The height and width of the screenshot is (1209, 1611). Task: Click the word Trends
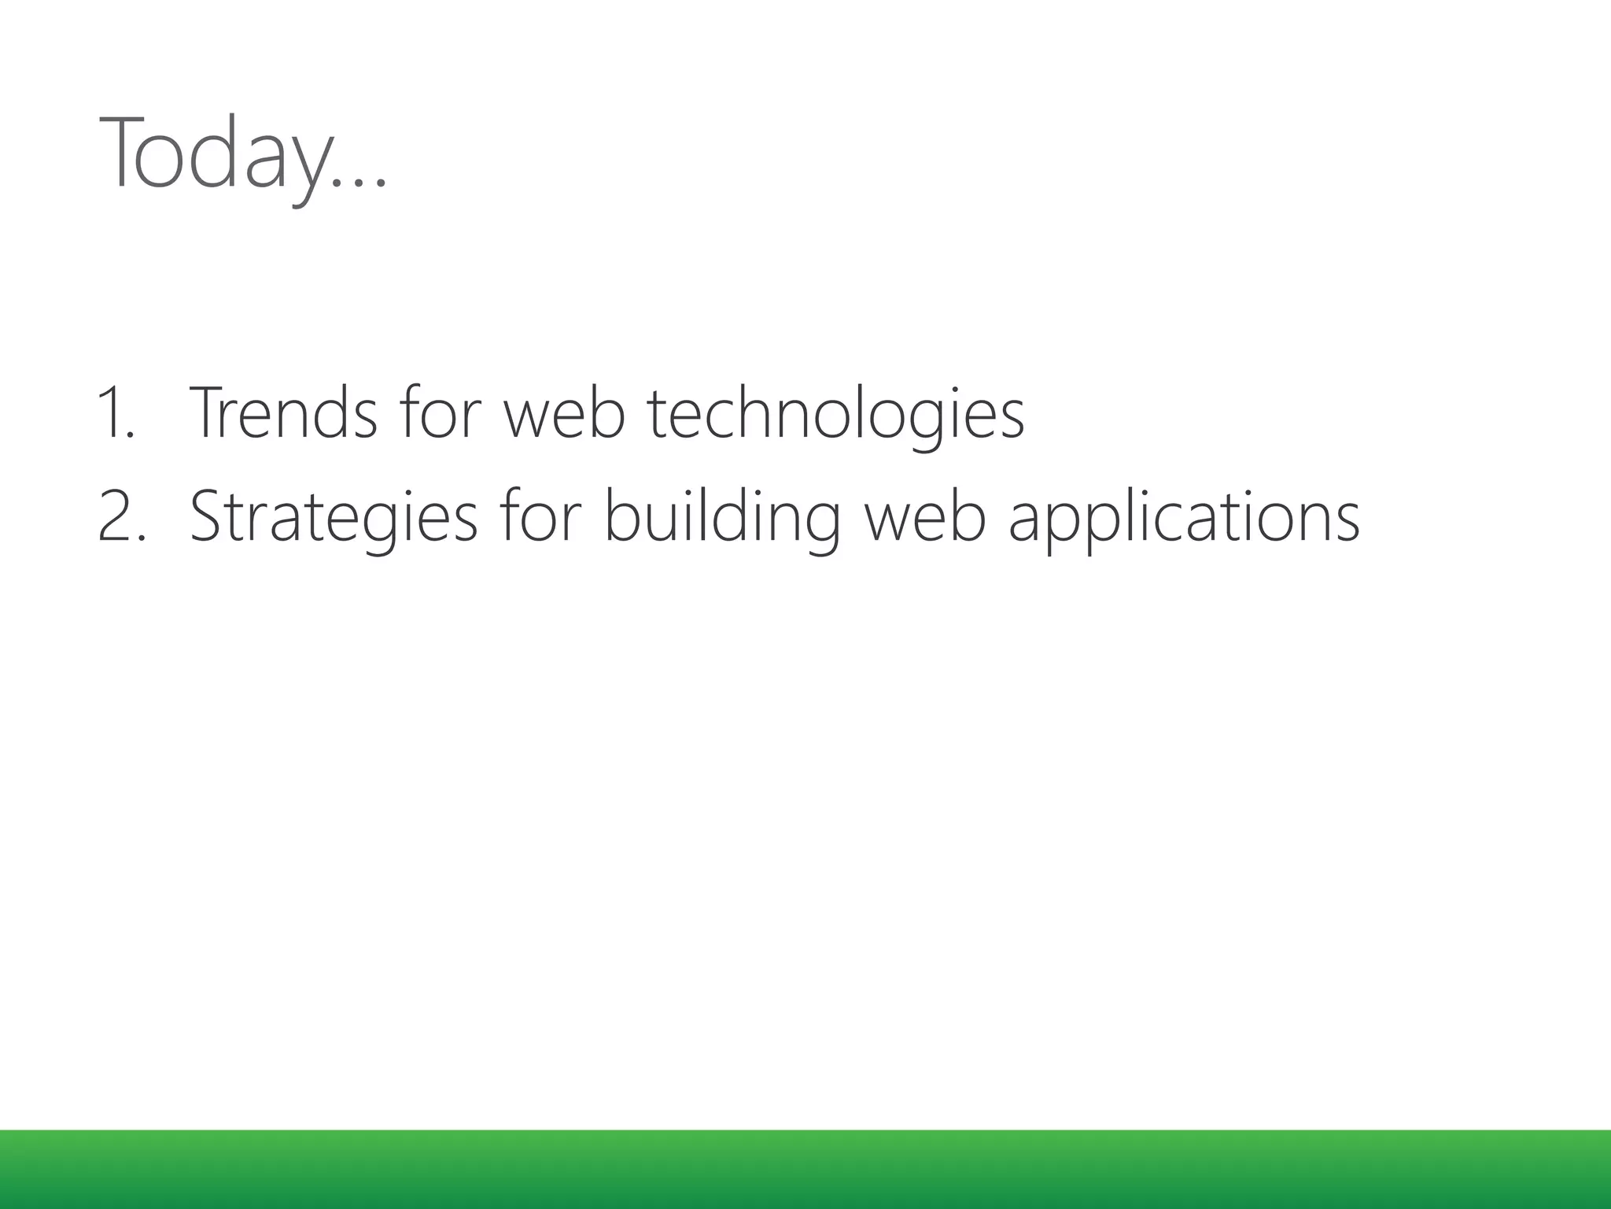click(x=283, y=412)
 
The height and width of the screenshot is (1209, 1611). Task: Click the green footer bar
click(x=805, y=1170)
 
